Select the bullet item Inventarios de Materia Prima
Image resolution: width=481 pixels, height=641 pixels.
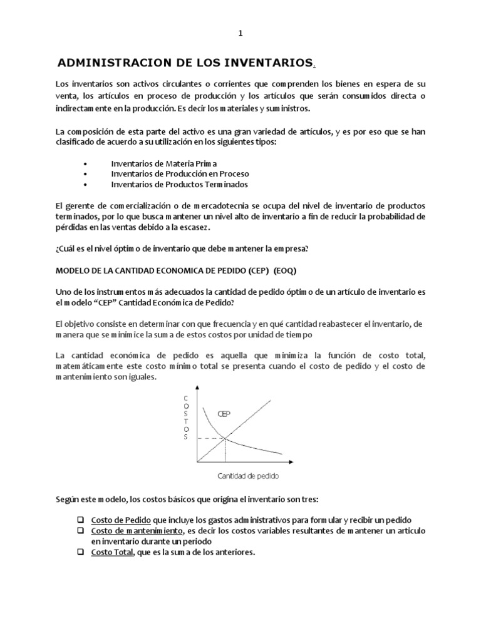(x=164, y=163)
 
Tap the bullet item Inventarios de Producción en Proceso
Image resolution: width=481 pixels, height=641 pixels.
(x=180, y=173)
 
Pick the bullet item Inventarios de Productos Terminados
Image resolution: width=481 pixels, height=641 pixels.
(x=179, y=184)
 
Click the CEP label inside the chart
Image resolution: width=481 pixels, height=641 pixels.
(x=224, y=414)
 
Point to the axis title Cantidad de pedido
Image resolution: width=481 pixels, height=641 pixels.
(x=248, y=476)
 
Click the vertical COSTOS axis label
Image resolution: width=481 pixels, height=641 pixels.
(x=185, y=418)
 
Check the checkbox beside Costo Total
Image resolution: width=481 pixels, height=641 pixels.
(x=81, y=552)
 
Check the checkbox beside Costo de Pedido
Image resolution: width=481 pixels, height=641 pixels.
(x=81, y=520)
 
